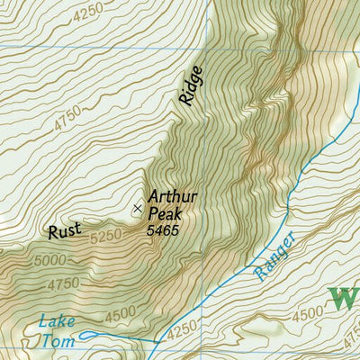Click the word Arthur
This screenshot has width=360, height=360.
click(x=173, y=198)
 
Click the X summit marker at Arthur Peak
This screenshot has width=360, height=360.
click(x=137, y=208)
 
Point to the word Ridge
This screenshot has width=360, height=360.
click(x=191, y=86)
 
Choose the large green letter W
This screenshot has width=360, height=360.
click(x=344, y=297)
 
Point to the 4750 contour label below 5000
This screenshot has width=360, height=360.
click(x=61, y=284)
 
